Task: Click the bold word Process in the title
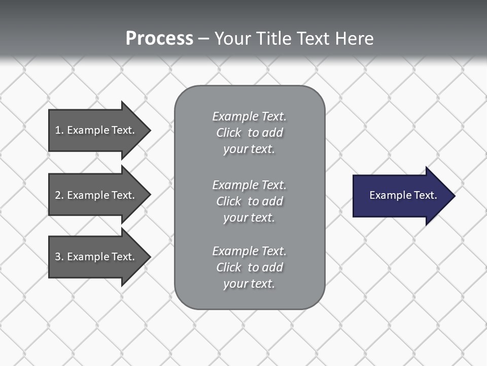pyautogui.click(x=159, y=39)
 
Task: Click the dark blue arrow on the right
pyautogui.click(x=401, y=195)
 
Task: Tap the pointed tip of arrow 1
pyautogui.click(x=149, y=130)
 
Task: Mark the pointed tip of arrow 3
pyautogui.click(x=149, y=257)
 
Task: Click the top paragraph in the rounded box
pyautogui.click(x=249, y=133)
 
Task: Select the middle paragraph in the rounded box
pyautogui.click(x=249, y=201)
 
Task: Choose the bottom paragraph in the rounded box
pyautogui.click(x=249, y=267)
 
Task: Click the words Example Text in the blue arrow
pyautogui.click(x=403, y=195)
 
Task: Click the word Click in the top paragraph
pyautogui.click(x=229, y=133)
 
